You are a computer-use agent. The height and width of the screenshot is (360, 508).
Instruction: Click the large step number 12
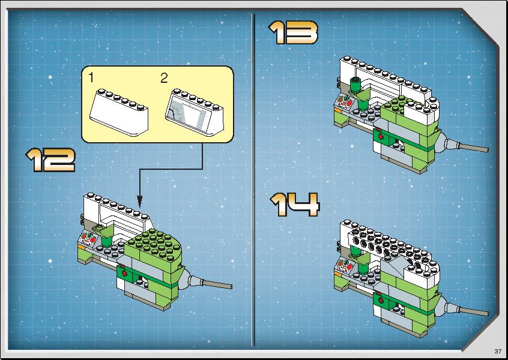tap(50, 160)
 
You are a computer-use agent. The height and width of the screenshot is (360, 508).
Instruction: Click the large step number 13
tap(293, 32)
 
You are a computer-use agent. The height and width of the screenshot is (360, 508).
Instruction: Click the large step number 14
tap(295, 205)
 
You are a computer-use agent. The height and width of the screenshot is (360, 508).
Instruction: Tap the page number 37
tap(498, 351)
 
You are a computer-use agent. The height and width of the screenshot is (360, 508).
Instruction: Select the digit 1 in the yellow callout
tap(91, 77)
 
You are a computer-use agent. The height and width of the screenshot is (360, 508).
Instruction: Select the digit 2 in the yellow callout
tap(164, 79)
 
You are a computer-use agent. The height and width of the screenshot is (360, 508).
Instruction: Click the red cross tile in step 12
tap(124, 272)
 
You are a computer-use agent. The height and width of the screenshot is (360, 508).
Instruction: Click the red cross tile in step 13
tap(380, 136)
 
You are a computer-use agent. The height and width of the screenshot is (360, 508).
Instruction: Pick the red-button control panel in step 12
tap(88, 240)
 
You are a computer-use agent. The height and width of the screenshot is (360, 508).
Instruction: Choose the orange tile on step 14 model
tap(338, 274)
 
